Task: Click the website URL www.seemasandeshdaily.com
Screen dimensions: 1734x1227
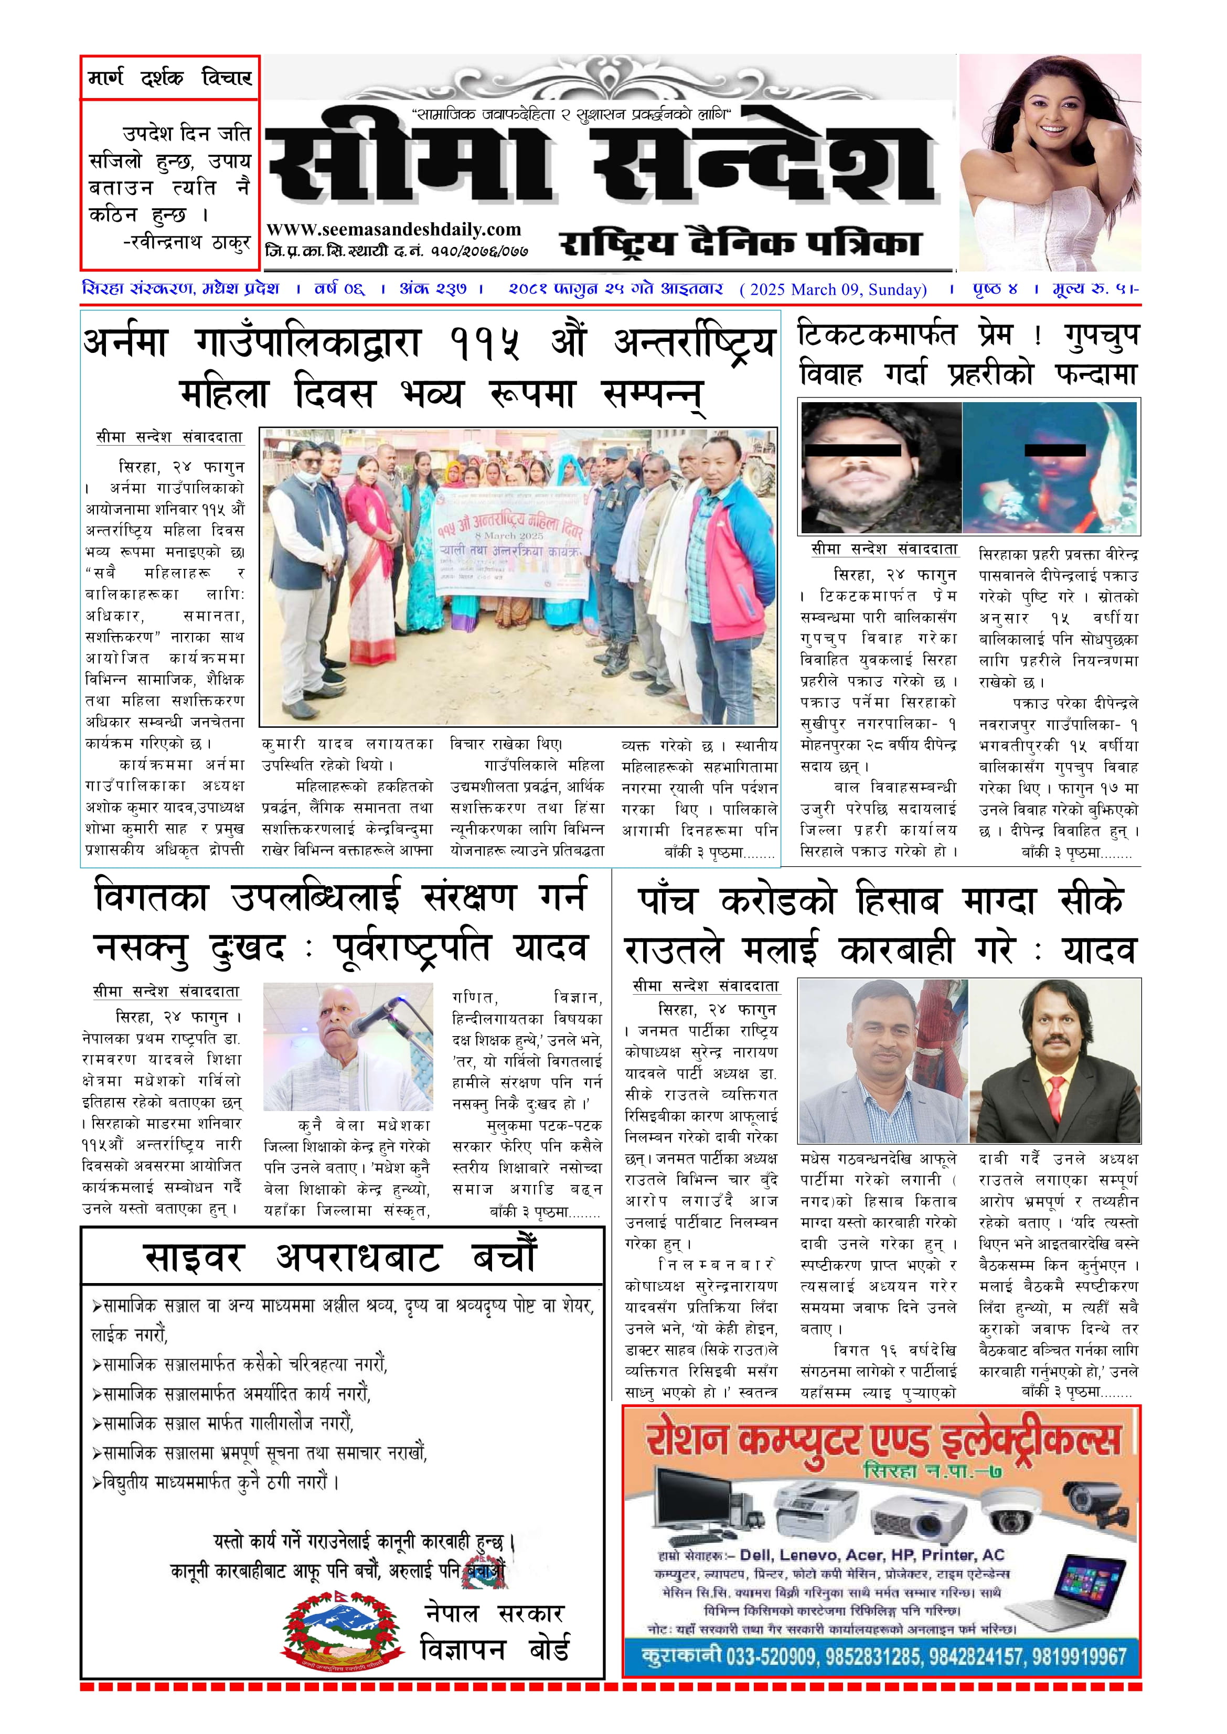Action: tap(393, 230)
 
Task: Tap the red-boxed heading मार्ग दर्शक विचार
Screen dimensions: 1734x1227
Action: tap(170, 78)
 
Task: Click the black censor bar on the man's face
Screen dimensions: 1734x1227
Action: tap(853, 450)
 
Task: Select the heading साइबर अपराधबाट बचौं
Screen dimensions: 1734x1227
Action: tap(341, 1257)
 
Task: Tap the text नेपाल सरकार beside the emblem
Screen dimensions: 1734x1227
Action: tap(494, 1614)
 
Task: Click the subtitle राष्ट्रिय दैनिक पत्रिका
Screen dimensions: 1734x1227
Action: tap(740, 243)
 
